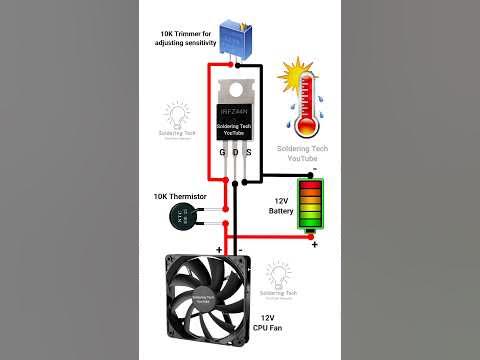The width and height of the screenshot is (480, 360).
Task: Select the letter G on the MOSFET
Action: click(222, 153)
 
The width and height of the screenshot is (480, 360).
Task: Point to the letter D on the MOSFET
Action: click(236, 153)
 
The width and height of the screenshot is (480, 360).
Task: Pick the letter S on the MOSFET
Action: click(250, 153)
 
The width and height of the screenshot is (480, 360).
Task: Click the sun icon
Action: click(297, 75)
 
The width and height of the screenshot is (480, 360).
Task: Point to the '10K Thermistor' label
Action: click(179, 196)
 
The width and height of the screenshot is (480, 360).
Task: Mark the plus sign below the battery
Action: click(314, 244)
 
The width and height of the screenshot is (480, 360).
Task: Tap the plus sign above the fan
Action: click(218, 249)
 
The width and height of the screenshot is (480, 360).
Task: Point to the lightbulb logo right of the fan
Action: click(278, 274)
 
